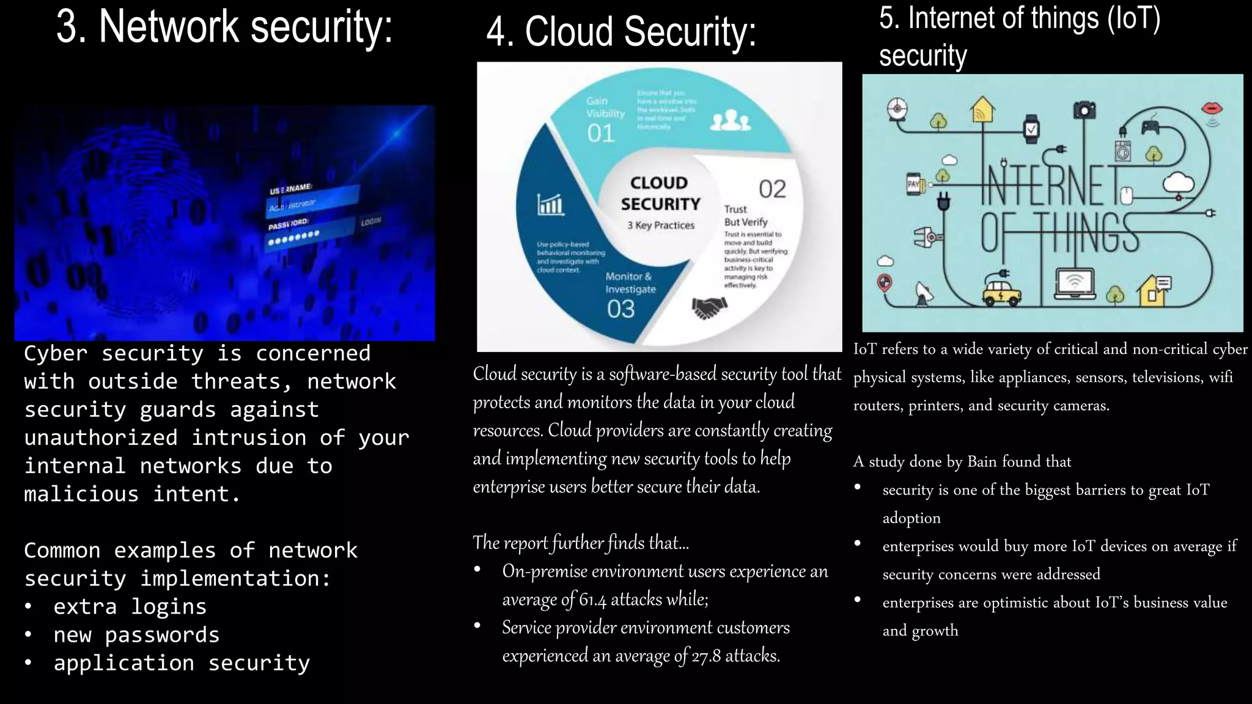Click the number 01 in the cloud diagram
tap(600, 133)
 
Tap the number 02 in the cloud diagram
tap(772, 189)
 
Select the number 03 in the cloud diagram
tap(620, 309)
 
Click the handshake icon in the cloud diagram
tap(709, 307)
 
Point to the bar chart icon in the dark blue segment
tap(550, 204)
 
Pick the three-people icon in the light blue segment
tap(730, 120)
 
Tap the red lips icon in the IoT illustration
tap(1212, 109)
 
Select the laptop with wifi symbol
tap(1075, 284)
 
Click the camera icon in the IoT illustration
tap(1084, 111)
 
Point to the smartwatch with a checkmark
tap(1031, 129)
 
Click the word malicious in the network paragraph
tap(81, 494)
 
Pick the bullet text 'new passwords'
tap(136, 635)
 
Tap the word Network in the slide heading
tap(169, 27)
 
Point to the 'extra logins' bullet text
tap(130, 607)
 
